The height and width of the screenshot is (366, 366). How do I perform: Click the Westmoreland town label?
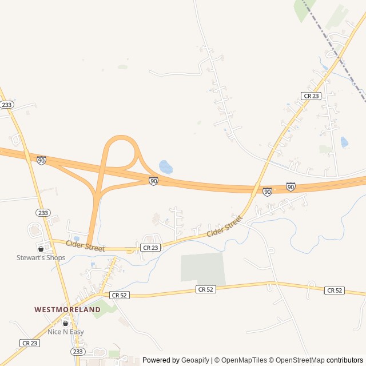coord(67,309)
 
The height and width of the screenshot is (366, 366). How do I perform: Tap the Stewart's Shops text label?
coord(41,258)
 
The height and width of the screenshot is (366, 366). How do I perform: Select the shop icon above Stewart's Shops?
coord(41,249)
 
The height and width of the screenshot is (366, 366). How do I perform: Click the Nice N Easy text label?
coord(65,332)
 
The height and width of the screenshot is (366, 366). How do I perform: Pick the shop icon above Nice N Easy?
coord(65,323)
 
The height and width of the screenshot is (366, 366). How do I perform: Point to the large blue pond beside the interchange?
coord(165,167)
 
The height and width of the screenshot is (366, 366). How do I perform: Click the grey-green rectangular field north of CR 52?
coord(202,267)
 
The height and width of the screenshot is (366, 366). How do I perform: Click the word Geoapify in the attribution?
coord(195,360)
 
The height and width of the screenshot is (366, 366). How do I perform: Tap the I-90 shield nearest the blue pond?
coord(153,181)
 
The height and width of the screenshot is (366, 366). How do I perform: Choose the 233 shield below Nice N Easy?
coord(77,351)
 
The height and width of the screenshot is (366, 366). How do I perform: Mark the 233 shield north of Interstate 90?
coord(7,105)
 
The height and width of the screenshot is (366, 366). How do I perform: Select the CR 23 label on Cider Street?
coord(150,248)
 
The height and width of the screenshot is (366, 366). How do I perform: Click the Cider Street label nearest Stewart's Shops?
coord(85,246)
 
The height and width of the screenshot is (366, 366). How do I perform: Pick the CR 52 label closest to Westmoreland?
coord(120,295)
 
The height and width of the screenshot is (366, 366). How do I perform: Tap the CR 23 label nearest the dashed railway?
coord(310,96)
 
